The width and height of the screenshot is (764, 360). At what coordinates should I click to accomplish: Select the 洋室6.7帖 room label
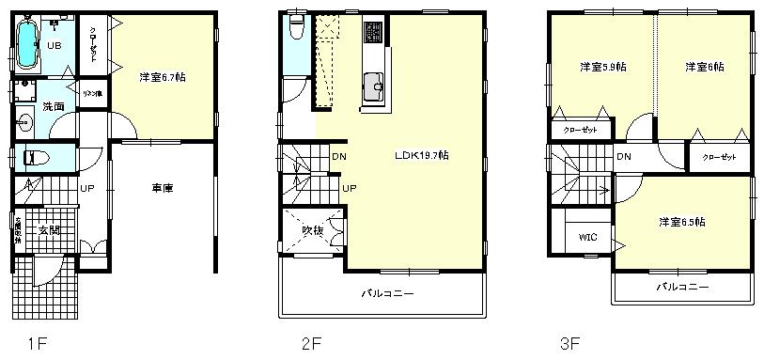tap(162, 77)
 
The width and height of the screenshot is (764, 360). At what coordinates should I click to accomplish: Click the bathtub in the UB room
tap(27, 46)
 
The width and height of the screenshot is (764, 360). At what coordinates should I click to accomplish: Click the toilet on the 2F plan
tap(296, 28)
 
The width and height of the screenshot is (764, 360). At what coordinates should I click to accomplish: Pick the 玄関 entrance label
tap(49, 229)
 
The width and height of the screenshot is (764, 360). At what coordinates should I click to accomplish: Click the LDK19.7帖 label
tap(421, 155)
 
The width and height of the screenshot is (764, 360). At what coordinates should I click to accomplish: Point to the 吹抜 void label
tap(313, 230)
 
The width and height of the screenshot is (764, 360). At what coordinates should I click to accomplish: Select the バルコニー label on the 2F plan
tap(388, 294)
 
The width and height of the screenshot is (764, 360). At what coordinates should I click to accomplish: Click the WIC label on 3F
tap(588, 237)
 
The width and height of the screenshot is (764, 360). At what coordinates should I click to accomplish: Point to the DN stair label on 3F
tap(624, 157)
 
